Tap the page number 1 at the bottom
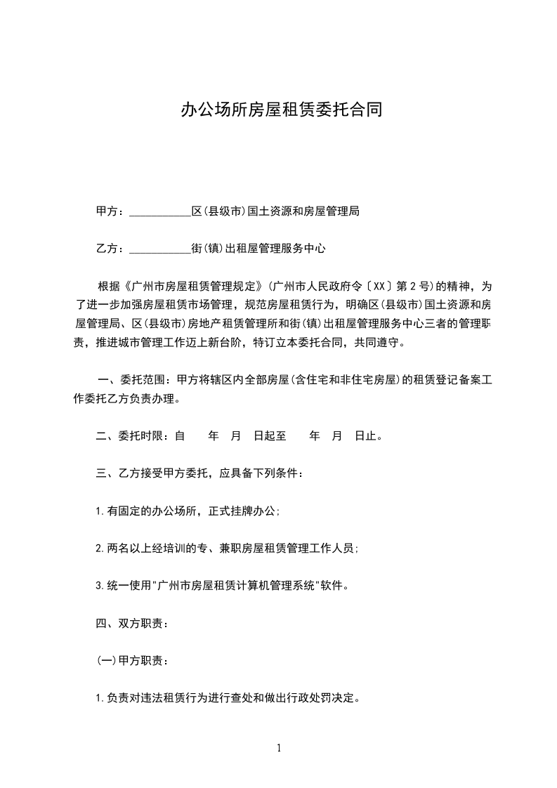click(279, 748)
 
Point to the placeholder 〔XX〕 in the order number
click(377, 287)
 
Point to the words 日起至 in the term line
click(270, 436)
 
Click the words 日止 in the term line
click(365, 436)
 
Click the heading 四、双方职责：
click(131, 623)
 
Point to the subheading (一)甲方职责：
click(131, 661)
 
